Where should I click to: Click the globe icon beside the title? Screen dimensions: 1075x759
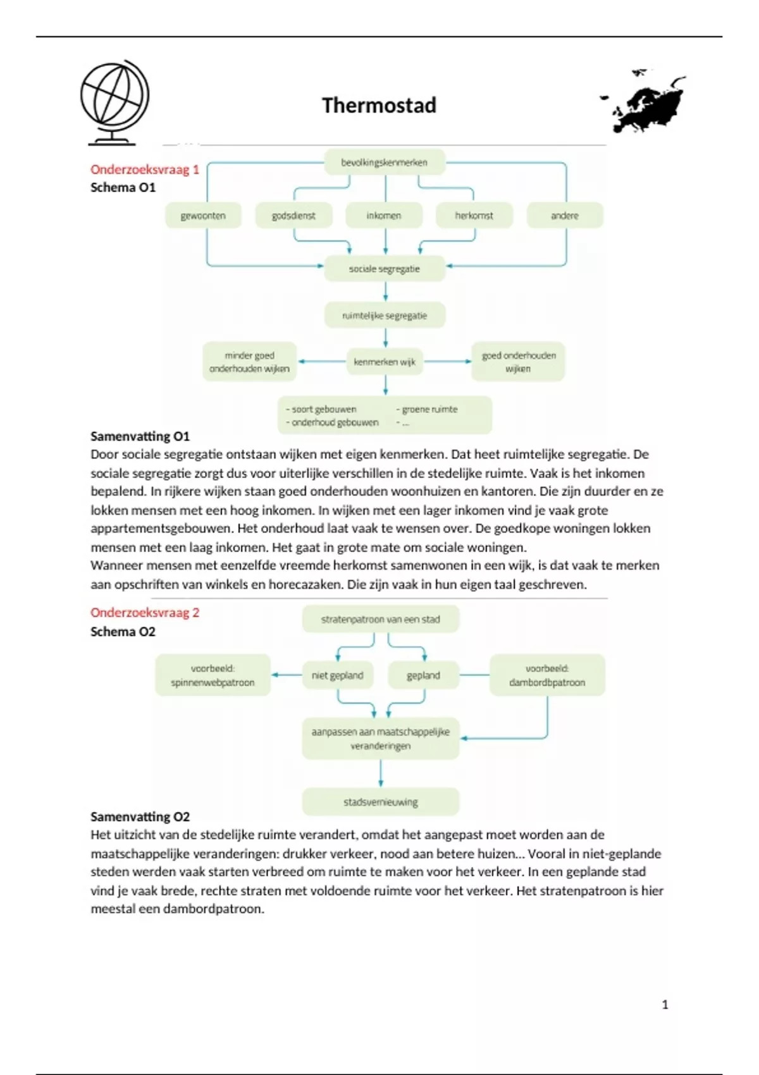pos(114,102)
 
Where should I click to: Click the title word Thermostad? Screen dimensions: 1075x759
pos(379,105)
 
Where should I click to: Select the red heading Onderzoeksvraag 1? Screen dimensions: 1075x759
pos(144,169)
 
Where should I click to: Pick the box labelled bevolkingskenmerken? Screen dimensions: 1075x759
pos(384,163)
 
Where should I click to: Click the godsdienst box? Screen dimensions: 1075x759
pos(293,216)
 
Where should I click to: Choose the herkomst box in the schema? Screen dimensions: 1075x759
pos(474,216)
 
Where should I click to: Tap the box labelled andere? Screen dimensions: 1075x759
pos(564,216)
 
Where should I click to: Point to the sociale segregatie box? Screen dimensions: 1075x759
pos(384,269)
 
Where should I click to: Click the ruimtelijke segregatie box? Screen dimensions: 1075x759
pos(384,316)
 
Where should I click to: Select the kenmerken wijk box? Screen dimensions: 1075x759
pos(384,362)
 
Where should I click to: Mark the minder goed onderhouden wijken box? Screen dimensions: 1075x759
pos(249,362)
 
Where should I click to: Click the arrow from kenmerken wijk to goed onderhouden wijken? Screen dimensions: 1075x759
pos(448,361)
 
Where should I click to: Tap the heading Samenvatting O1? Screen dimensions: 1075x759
pos(140,436)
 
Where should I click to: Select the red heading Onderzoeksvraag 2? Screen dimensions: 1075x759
pos(144,612)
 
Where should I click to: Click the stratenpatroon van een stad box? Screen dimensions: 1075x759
pos(380,620)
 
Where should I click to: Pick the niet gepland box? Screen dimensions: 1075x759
pos(337,675)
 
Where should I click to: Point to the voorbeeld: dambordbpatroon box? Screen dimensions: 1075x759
pos(547,675)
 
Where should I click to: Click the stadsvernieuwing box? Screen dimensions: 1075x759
pos(380,802)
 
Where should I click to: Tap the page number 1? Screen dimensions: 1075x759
pos(665,1004)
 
